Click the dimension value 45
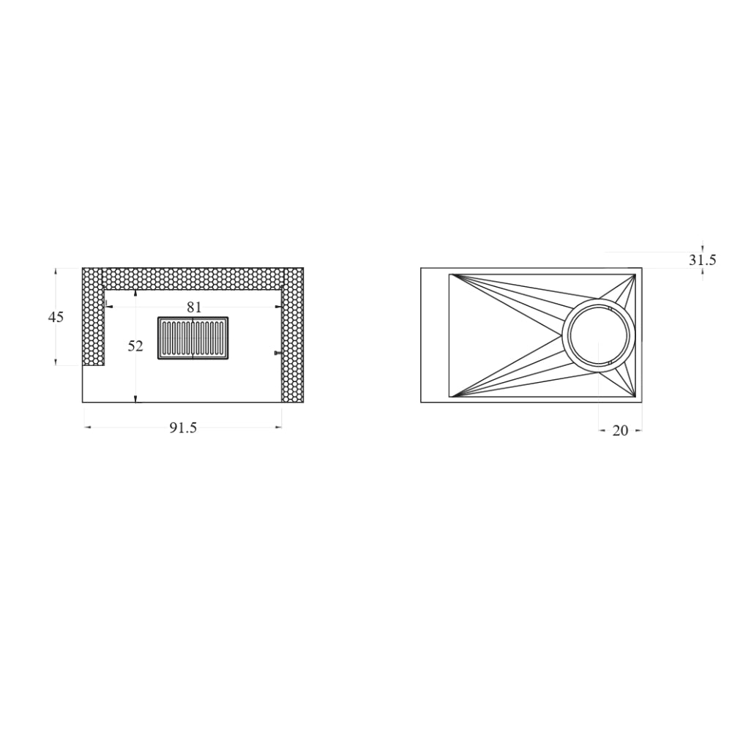(x=56, y=317)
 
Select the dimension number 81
(x=194, y=307)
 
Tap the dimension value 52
(x=135, y=346)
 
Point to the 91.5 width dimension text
(x=183, y=427)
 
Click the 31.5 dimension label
(x=702, y=260)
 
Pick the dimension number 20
(x=620, y=430)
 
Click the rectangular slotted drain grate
(x=193, y=338)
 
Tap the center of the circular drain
(x=599, y=335)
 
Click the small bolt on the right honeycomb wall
(x=277, y=353)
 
